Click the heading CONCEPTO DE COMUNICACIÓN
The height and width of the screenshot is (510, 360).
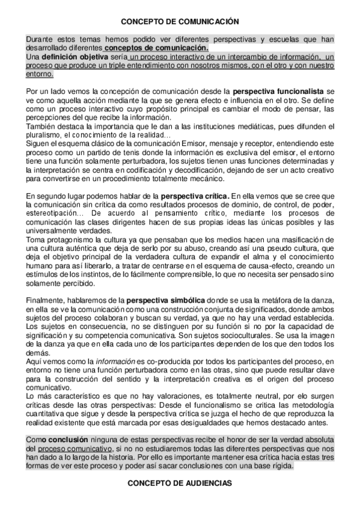(180, 20)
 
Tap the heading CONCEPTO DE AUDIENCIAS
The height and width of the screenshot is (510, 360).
(180, 483)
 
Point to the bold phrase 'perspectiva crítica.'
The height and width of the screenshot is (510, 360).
(192, 196)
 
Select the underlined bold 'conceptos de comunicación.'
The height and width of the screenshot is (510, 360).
(156, 48)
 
